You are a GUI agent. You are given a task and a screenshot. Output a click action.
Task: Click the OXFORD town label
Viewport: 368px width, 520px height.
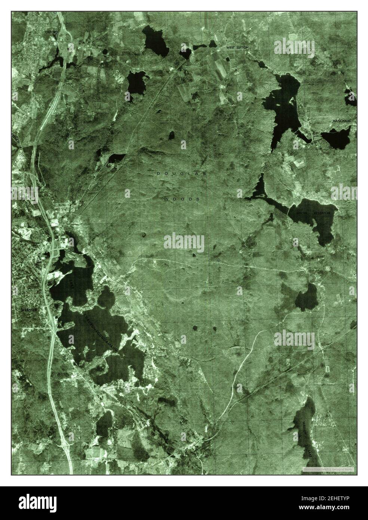[x=52, y=33]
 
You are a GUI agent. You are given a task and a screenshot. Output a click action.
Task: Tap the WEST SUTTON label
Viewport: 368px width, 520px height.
[x=237, y=48]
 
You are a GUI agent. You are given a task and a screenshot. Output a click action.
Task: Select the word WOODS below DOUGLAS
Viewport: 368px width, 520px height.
[x=182, y=199]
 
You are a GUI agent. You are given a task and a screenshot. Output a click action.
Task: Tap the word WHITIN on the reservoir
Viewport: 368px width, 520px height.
[x=302, y=213]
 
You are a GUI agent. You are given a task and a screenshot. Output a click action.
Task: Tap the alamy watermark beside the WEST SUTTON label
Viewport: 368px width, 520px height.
[x=294, y=46]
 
